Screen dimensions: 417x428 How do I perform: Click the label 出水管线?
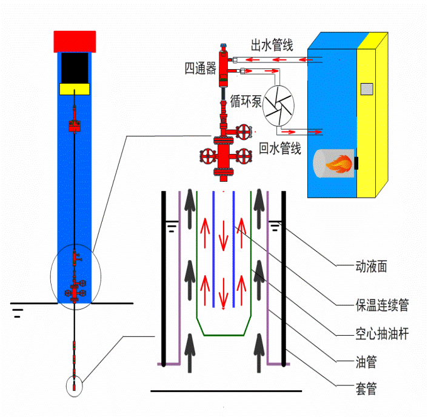coord(272,45)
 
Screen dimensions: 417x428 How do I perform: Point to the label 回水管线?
coord(280,148)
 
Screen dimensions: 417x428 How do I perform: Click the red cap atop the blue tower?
coord(75,41)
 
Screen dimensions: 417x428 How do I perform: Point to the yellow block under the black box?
coord(75,89)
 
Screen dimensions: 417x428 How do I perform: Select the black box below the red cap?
coord(75,67)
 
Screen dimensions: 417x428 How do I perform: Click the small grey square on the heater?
coord(366,89)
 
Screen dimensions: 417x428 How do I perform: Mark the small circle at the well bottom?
coord(74,386)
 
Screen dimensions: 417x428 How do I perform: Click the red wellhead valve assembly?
coord(225,152)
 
